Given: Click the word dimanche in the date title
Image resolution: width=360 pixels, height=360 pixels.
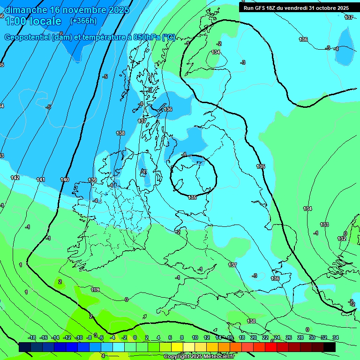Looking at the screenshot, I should coord(26,9).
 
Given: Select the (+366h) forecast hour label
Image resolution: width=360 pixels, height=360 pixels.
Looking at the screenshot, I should coord(83,21).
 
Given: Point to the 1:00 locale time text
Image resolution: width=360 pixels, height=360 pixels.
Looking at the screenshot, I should coord(33,21).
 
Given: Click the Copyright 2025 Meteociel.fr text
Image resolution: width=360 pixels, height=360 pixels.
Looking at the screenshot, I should coord(199,356).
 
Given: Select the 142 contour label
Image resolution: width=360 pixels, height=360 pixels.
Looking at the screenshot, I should coord(15,178).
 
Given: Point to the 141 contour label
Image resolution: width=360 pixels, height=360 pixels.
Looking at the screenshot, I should coord(41,180).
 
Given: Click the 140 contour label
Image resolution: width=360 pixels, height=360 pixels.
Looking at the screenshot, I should coord(65,180).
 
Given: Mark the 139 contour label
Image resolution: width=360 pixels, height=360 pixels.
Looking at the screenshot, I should coord(92,180).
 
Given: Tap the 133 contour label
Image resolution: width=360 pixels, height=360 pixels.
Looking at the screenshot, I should coord(324,225).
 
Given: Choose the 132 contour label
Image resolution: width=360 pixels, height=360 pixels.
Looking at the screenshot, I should coord(342,239).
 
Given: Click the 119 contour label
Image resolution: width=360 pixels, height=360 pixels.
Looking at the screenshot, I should coord(96,290).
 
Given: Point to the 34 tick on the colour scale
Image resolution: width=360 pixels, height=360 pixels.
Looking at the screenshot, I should coord(336,337).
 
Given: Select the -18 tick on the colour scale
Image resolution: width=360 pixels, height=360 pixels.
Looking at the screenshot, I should coord(32,337).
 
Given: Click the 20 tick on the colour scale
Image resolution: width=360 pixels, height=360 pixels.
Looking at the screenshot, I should coord(254,337).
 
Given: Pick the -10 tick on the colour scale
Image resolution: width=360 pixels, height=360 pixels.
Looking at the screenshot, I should coord(79,337).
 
